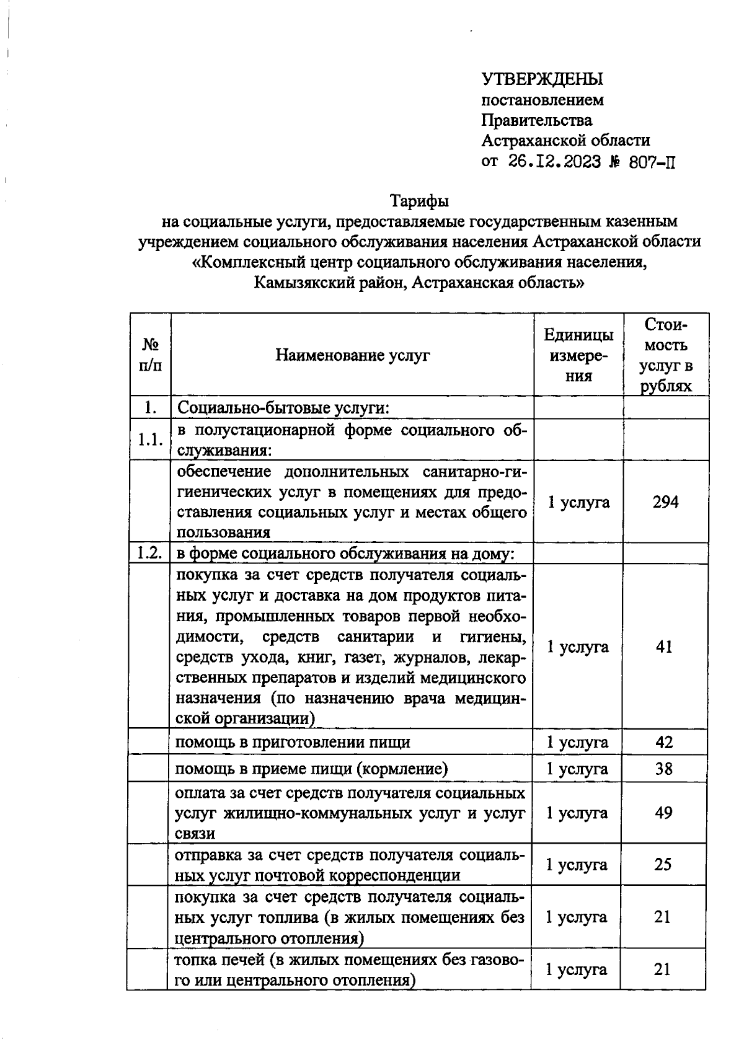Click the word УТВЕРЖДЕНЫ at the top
coord(542,79)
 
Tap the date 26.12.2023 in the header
coord(554,162)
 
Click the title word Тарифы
coord(419,201)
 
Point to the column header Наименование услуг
coord(352,355)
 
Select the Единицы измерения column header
coord(578,355)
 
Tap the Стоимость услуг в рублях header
coord(666,355)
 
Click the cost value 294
coord(665,501)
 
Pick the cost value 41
coord(665,647)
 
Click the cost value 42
coord(664,742)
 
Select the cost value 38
coord(664,769)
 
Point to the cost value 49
coord(663,813)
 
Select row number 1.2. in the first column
coord(149,553)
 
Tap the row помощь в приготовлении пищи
coord(293,742)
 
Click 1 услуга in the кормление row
coord(577,769)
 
